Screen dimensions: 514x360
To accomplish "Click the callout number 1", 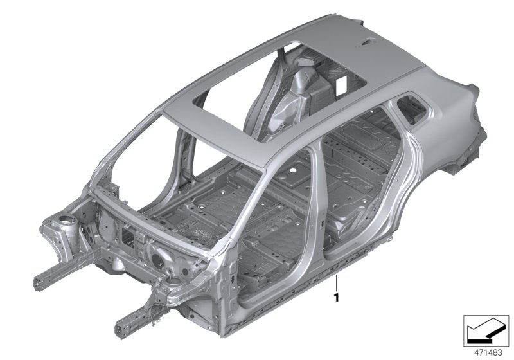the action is (x=336, y=298).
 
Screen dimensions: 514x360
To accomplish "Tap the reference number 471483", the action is (x=488, y=353).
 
